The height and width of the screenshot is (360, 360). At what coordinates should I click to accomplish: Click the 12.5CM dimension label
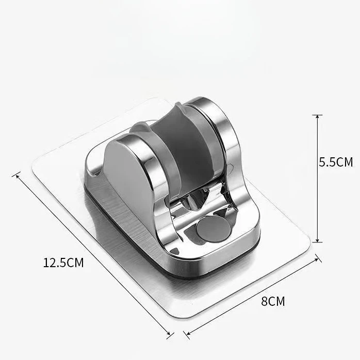point(63,263)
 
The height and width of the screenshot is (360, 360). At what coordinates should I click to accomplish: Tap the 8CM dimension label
point(273,301)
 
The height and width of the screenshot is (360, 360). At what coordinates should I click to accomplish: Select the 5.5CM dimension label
point(336,162)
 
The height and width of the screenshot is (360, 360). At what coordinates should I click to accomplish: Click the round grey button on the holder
point(213,229)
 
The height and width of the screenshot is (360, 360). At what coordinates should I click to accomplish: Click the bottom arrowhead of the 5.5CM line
point(318,240)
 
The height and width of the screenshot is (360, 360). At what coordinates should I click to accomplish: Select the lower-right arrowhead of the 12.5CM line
point(168,333)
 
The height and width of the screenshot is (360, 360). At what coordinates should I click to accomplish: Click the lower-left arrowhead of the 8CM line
point(189,333)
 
